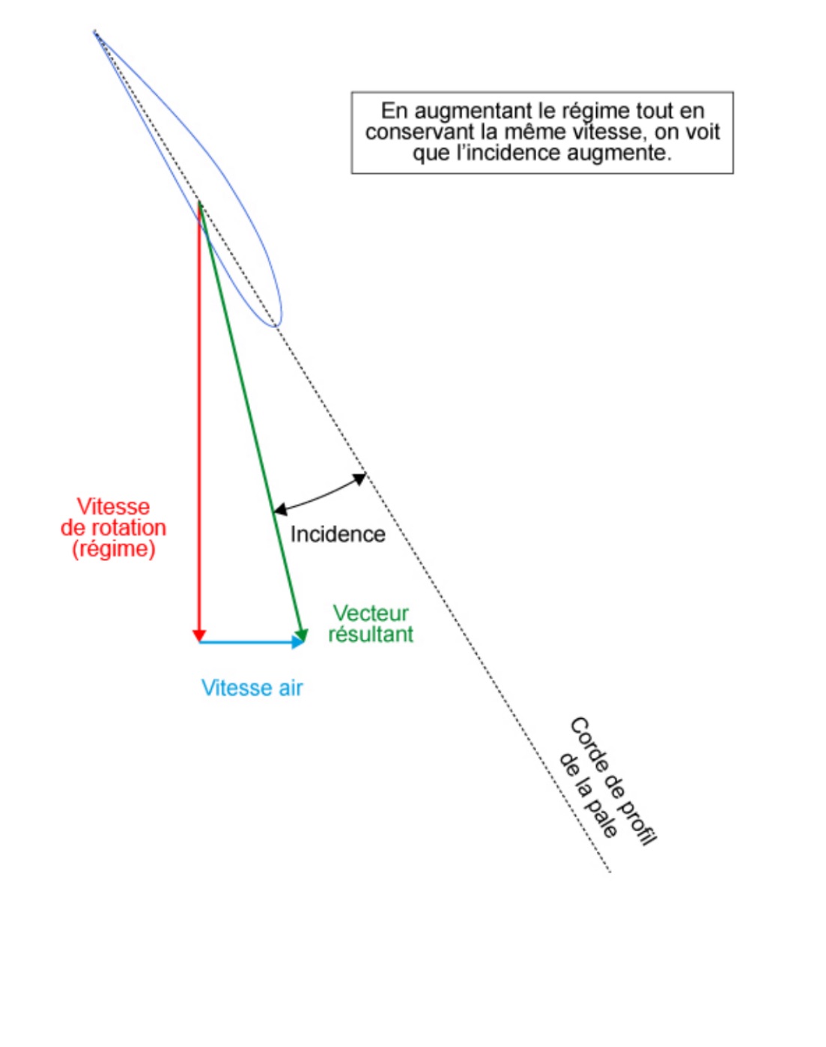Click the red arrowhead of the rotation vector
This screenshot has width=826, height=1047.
[x=199, y=635]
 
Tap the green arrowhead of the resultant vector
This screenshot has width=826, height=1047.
[x=302, y=635]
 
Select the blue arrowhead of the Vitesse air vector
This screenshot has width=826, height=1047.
[x=297, y=643]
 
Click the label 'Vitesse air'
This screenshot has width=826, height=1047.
[x=252, y=688]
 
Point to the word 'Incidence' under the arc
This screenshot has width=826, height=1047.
[x=338, y=535]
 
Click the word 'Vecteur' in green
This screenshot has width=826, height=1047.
[x=371, y=613]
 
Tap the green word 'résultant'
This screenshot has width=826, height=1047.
[x=371, y=634]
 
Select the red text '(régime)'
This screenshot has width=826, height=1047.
[x=113, y=549]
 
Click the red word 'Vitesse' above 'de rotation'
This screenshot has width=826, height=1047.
[x=113, y=507]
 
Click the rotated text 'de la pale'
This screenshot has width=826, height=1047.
[x=589, y=796]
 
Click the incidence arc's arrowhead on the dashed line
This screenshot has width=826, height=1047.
[x=360, y=479]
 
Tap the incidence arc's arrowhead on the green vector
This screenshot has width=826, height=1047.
[x=280, y=509]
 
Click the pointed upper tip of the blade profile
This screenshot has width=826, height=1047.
[x=94, y=32]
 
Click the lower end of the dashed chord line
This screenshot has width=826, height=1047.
[x=610, y=872]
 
